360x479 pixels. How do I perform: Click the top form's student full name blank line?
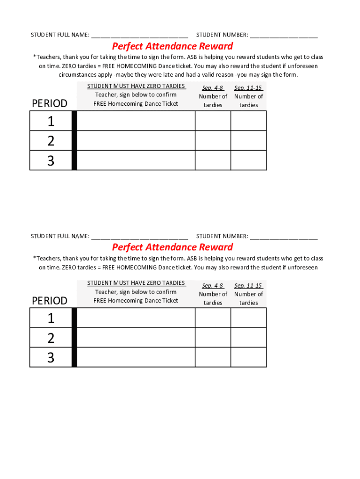pyautogui.click(x=139, y=35)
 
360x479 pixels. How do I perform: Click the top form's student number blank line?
pyautogui.click(x=283, y=35)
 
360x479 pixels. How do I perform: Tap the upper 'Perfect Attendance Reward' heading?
pyautogui.click(x=172, y=46)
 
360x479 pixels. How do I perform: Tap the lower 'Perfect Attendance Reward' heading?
pyautogui.click(x=172, y=247)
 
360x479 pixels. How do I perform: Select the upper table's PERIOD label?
pyautogui.click(x=50, y=103)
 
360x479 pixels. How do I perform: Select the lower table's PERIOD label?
pyautogui.click(x=50, y=300)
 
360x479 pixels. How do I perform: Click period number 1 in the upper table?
pyautogui.click(x=50, y=122)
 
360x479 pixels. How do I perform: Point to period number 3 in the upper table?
pyautogui.click(x=50, y=161)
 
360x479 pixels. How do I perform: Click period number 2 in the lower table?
pyautogui.click(x=50, y=338)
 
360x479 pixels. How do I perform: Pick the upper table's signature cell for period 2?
pyautogui.click(x=136, y=140)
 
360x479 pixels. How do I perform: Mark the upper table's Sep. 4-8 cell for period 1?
pyautogui.click(x=213, y=121)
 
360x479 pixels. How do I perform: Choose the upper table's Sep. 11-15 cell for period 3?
pyautogui.click(x=248, y=160)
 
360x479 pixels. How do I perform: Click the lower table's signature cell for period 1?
pyautogui.click(x=136, y=318)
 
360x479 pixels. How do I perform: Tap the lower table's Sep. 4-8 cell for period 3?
pyautogui.click(x=213, y=357)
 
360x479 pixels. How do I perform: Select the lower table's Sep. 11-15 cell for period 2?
pyautogui.click(x=248, y=337)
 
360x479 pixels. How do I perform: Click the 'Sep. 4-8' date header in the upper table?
pyautogui.click(x=213, y=88)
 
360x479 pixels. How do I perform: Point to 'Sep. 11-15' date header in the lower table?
pyautogui.click(x=248, y=285)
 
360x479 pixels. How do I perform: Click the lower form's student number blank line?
pyautogui.click(x=283, y=236)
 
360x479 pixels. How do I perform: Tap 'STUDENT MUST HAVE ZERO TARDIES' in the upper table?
pyautogui.click(x=136, y=86)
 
